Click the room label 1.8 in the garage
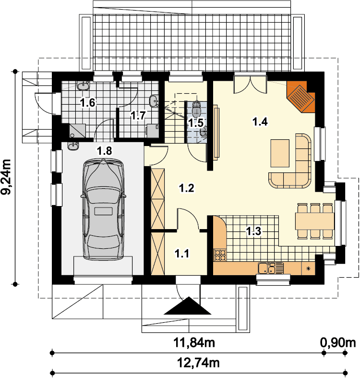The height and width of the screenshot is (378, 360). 105,151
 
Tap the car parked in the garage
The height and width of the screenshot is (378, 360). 103,209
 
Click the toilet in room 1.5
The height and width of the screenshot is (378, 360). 197,108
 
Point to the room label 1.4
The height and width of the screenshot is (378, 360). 260,122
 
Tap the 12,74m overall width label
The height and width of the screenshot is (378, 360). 198,362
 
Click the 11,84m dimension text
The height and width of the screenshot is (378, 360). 194,342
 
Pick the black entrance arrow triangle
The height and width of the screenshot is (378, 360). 188,306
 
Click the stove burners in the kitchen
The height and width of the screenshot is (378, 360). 220,256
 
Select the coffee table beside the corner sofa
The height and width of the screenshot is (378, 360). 280,153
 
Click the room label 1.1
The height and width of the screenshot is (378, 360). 182,254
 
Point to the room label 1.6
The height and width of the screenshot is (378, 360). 88,103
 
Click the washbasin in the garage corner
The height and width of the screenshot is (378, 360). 73,146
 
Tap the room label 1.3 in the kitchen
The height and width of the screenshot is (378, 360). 253,231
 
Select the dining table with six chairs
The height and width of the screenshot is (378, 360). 314,221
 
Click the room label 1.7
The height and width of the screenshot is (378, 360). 138,115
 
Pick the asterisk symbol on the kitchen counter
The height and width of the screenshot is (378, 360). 309,268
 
